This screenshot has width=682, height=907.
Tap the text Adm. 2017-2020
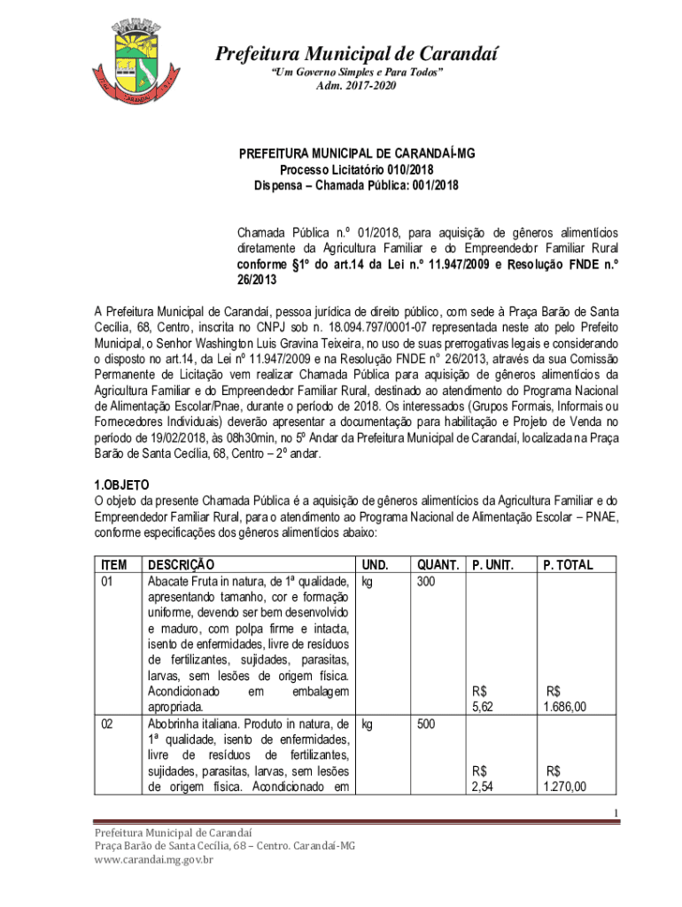pyautogui.click(x=357, y=85)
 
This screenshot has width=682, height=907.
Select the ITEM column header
pyautogui.click(x=114, y=564)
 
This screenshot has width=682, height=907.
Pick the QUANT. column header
pyautogui.click(x=438, y=564)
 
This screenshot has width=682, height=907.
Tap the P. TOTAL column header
pyautogui.click(x=568, y=564)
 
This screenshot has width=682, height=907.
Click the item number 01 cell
pyautogui.click(x=108, y=581)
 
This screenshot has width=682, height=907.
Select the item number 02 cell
pyautogui.click(x=108, y=724)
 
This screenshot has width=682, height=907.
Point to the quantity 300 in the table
pyautogui.click(x=427, y=581)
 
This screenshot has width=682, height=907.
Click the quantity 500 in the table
pyautogui.click(x=427, y=724)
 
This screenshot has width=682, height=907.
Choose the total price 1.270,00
pyautogui.click(x=564, y=787)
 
